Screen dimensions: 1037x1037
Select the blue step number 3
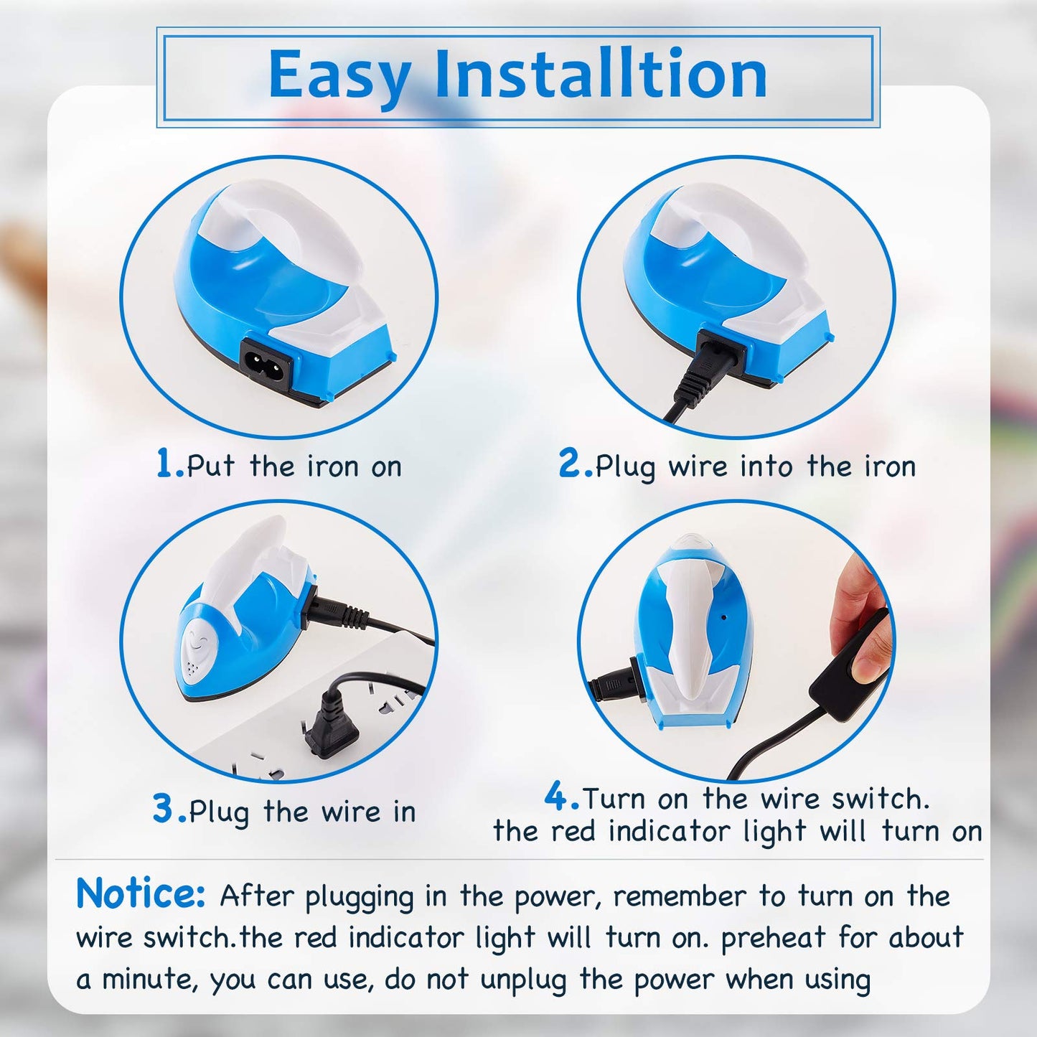point(164,809)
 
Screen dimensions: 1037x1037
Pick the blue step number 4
point(557,796)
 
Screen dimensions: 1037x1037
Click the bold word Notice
point(141,894)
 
